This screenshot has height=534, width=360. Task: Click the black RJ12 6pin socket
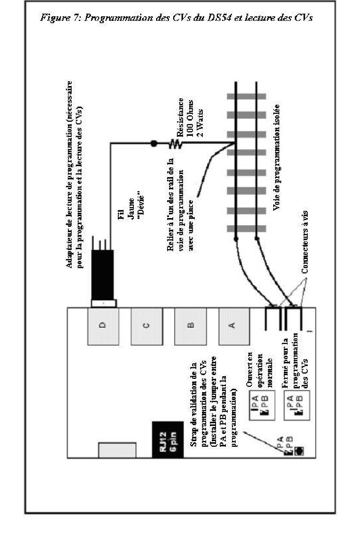click(x=167, y=439)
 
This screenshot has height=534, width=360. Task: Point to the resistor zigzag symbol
click(x=175, y=144)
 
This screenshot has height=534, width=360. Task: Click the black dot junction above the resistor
click(x=153, y=143)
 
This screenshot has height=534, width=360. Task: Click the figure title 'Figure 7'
click(x=176, y=18)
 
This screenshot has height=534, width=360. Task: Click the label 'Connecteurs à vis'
click(x=305, y=242)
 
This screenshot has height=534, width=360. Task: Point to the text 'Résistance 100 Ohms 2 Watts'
click(x=191, y=118)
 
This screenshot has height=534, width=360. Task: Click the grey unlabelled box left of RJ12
click(x=117, y=450)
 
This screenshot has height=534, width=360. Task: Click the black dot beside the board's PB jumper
click(x=300, y=451)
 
